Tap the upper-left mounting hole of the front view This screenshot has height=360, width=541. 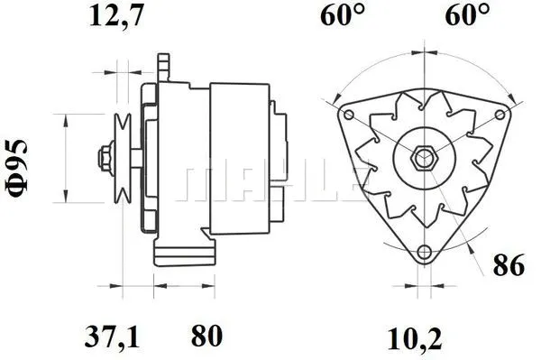click(x=346, y=114)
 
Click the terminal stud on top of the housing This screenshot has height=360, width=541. click(x=163, y=66)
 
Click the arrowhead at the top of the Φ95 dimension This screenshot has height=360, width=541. click(x=66, y=118)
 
